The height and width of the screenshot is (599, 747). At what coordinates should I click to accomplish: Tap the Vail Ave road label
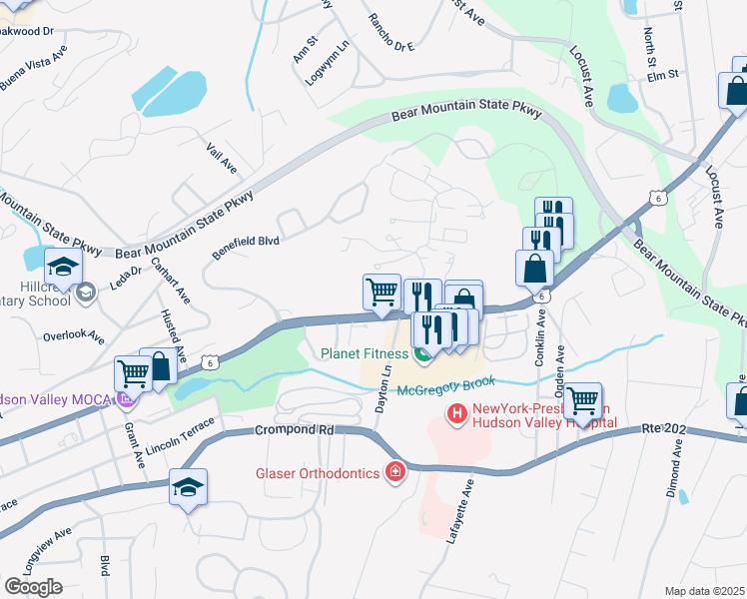pyautogui.click(x=221, y=157)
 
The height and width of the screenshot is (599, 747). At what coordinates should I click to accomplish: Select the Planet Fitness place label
pyautogui.click(x=365, y=352)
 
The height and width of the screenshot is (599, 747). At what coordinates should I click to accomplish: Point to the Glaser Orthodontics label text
pyautogui.click(x=311, y=472)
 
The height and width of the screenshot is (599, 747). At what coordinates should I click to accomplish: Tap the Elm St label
pyautogui.click(x=662, y=74)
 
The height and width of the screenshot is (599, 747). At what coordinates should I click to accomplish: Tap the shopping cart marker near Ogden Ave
pyautogui.click(x=583, y=401)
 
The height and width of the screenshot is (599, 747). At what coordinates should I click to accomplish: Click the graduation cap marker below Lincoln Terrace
pyautogui.click(x=188, y=487)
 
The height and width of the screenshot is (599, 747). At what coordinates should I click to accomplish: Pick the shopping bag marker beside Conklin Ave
pyautogui.click(x=535, y=268)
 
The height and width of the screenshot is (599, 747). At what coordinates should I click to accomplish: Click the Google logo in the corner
pyautogui.click(x=33, y=587)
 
